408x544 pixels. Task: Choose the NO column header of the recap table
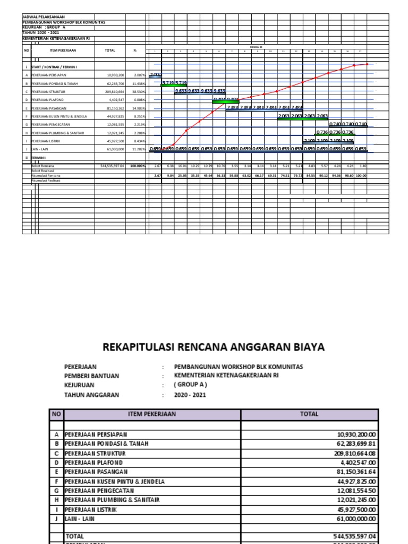pos(56,414)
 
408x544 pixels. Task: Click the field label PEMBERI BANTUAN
pos(91,376)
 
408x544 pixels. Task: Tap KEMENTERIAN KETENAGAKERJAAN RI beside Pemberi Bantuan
pos(226,376)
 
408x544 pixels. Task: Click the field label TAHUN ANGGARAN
pos(92,395)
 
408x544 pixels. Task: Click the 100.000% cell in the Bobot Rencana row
pos(137,166)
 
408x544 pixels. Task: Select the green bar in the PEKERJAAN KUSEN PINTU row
pos(303,119)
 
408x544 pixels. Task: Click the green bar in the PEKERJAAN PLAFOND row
pos(225,101)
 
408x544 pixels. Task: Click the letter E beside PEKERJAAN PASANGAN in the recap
pos(56,472)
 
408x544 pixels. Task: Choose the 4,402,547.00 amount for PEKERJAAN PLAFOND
pos(353,463)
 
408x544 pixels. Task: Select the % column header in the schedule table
pos(135,50)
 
